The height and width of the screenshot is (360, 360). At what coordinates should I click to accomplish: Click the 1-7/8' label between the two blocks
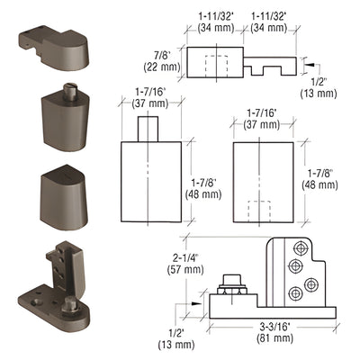point(207,174)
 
